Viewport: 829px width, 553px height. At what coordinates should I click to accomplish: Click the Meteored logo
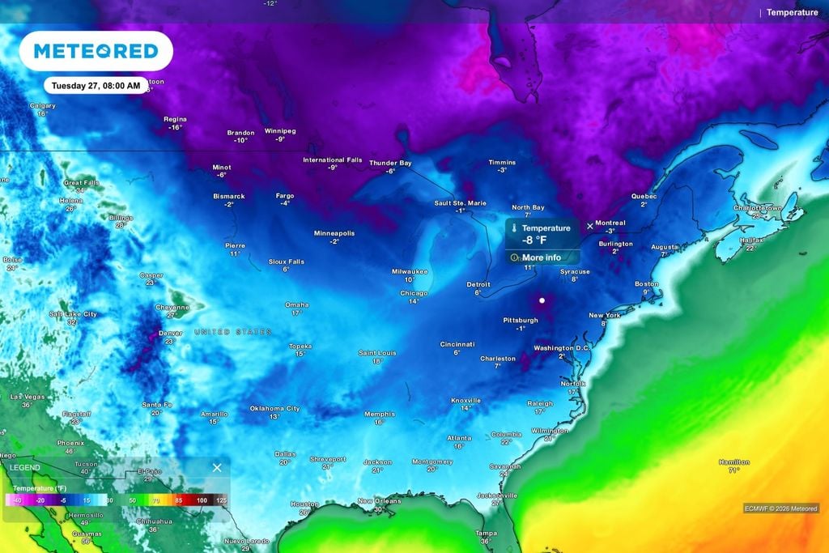(x=96, y=51)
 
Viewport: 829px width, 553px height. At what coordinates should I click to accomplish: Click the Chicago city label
(x=414, y=293)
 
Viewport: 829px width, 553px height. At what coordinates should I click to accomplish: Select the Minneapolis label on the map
(x=334, y=233)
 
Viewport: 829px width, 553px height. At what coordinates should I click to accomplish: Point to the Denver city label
(x=171, y=333)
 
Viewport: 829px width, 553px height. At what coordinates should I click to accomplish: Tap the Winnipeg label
(x=280, y=130)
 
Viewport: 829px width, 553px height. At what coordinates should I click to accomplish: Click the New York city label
(x=604, y=315)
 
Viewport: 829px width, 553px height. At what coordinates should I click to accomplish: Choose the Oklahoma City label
(x=274, y=408)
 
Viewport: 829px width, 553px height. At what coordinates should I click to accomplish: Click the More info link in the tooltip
(x=541, y=257)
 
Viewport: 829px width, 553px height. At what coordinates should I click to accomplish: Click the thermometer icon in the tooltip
(x=513, y=229)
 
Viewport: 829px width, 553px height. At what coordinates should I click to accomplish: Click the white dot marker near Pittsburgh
(x=542, y=301)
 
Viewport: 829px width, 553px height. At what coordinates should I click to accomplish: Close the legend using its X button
(x=217, y=468)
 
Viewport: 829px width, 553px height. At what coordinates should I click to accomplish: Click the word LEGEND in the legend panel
(x=24, y=468)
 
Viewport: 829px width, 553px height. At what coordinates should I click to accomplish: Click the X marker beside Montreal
(x=589, y=226)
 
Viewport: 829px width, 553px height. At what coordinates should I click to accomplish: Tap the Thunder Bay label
(x=390, y=163)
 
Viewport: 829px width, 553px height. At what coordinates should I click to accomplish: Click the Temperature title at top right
(x=792, y=12)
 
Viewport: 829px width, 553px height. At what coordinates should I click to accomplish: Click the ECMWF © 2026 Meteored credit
(x=781, y=508)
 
